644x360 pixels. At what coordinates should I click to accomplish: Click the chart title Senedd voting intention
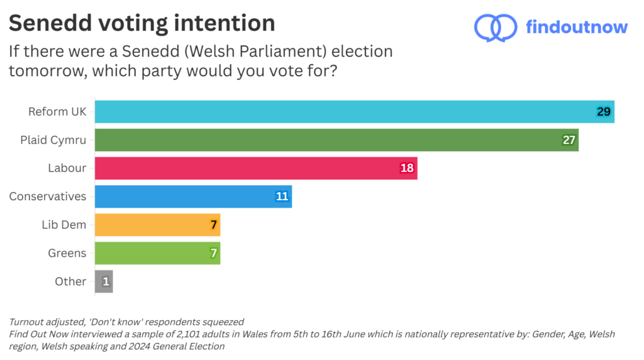142,23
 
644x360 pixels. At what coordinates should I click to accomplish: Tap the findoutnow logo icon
495,28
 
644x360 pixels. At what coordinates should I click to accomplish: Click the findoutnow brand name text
577,27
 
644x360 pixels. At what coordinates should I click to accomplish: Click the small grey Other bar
104,281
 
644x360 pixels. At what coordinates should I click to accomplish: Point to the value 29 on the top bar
604,111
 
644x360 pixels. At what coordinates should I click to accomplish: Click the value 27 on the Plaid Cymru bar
569,140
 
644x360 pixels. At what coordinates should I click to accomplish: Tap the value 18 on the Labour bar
408,168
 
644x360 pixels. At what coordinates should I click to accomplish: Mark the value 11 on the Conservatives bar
282,196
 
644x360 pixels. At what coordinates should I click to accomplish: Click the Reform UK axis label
57,111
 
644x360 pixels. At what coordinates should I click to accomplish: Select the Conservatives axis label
47,196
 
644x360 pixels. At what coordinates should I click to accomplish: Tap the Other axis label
70,281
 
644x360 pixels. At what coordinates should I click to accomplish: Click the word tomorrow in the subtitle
48,71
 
